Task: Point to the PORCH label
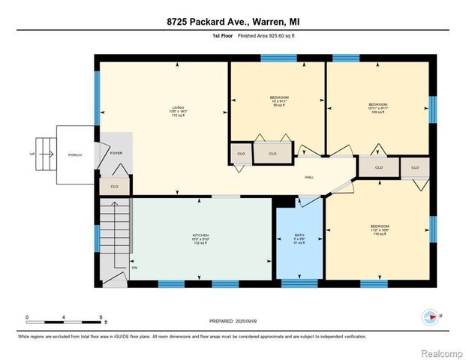click(74, 154)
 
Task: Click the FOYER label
click(116, 153)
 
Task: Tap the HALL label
click(308, 177)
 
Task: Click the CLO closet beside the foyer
click(114, 186)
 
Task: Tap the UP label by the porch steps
click(31, 154)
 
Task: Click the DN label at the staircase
click(134, 268)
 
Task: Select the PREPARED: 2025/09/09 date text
click(233, 320)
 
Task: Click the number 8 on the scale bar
click(100, 317)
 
